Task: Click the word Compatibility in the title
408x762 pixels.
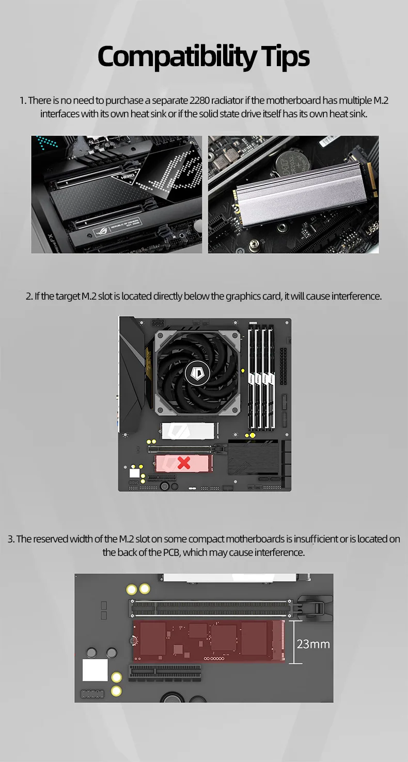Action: click(177, 57)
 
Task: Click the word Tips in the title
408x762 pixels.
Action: click(286, 57)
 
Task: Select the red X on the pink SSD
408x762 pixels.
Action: click(184, 463)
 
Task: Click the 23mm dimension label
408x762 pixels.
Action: click(313, 644)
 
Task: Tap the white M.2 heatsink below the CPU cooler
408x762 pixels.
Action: click(188, 431)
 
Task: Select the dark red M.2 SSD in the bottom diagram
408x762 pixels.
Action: click(209, 641)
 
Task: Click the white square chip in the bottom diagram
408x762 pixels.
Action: click(95, 670)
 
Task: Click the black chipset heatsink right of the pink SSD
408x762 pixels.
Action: click(253, 457)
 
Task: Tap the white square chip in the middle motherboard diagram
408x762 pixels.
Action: click(135, 473)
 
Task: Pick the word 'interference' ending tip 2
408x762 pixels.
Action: click(357, 297)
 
